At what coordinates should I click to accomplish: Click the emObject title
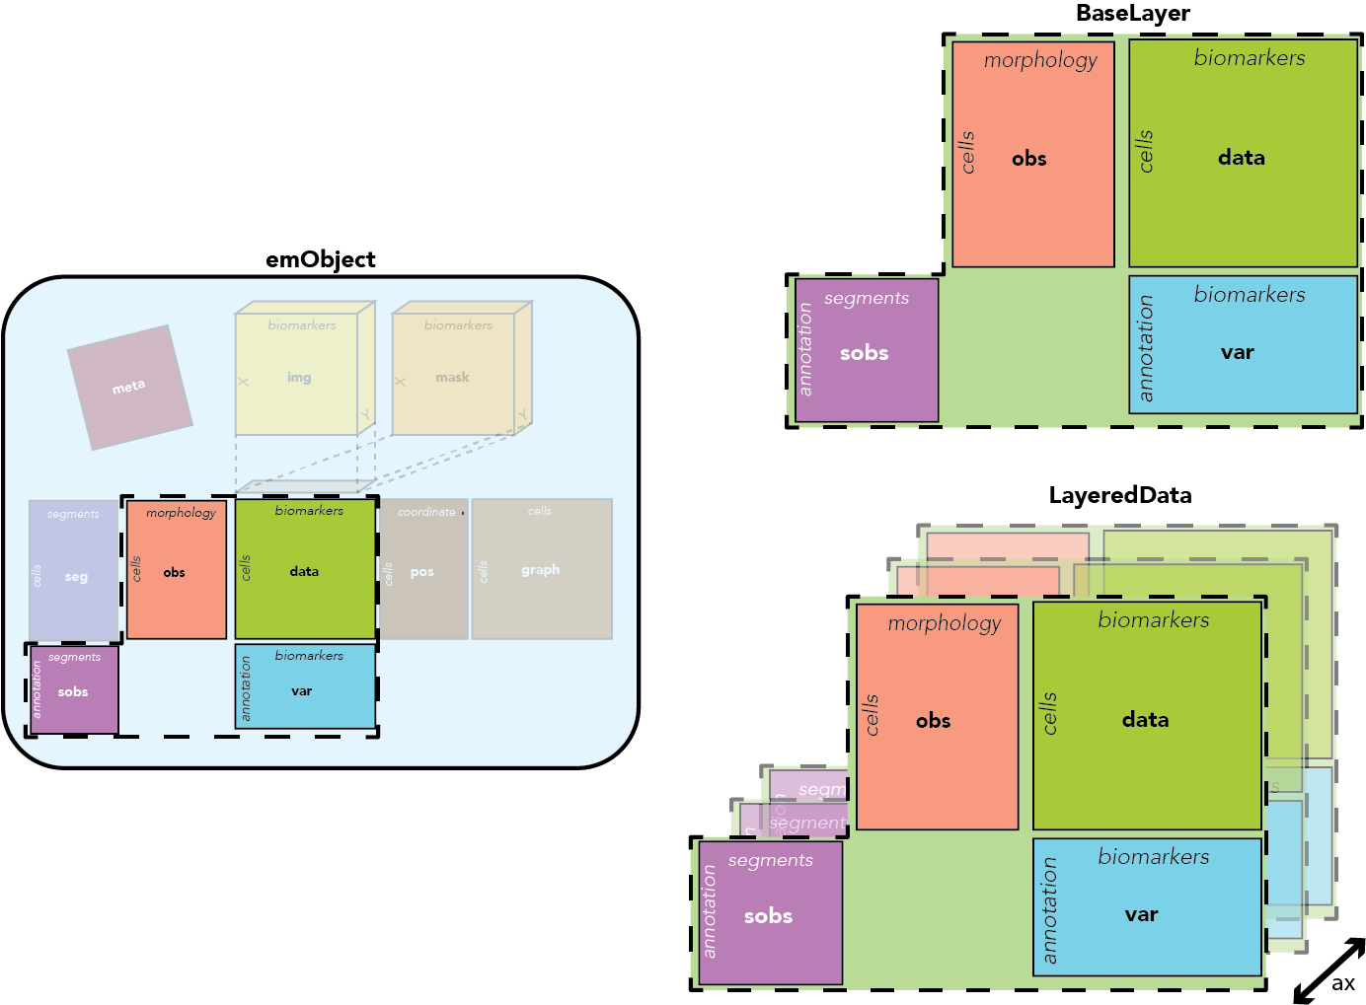[321, 259]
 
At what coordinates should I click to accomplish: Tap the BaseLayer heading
[1132, 13]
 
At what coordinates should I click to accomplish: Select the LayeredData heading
[1119, 495]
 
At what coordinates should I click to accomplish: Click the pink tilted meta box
[129, 387]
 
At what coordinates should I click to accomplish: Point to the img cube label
[299, 377]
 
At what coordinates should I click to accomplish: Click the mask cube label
[452, 377]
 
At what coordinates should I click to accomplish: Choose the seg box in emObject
[75, 576]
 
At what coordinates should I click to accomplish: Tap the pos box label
[421, 572]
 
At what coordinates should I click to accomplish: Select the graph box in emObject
[541, 569]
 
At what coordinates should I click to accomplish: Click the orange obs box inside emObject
[176, 572]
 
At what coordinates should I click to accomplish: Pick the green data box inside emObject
[305, 571]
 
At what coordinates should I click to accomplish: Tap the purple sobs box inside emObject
[74, 691]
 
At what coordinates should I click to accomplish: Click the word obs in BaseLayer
[1028, 159]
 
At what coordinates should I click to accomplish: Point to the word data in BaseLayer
[1241, 158]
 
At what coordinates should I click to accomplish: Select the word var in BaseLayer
[1237, 353]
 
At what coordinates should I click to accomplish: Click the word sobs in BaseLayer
[864, 353]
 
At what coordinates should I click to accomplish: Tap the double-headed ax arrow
[1328, 970]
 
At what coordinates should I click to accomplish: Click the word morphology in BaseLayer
[1040, 60]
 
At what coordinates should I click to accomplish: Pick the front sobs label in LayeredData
[768, 916]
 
